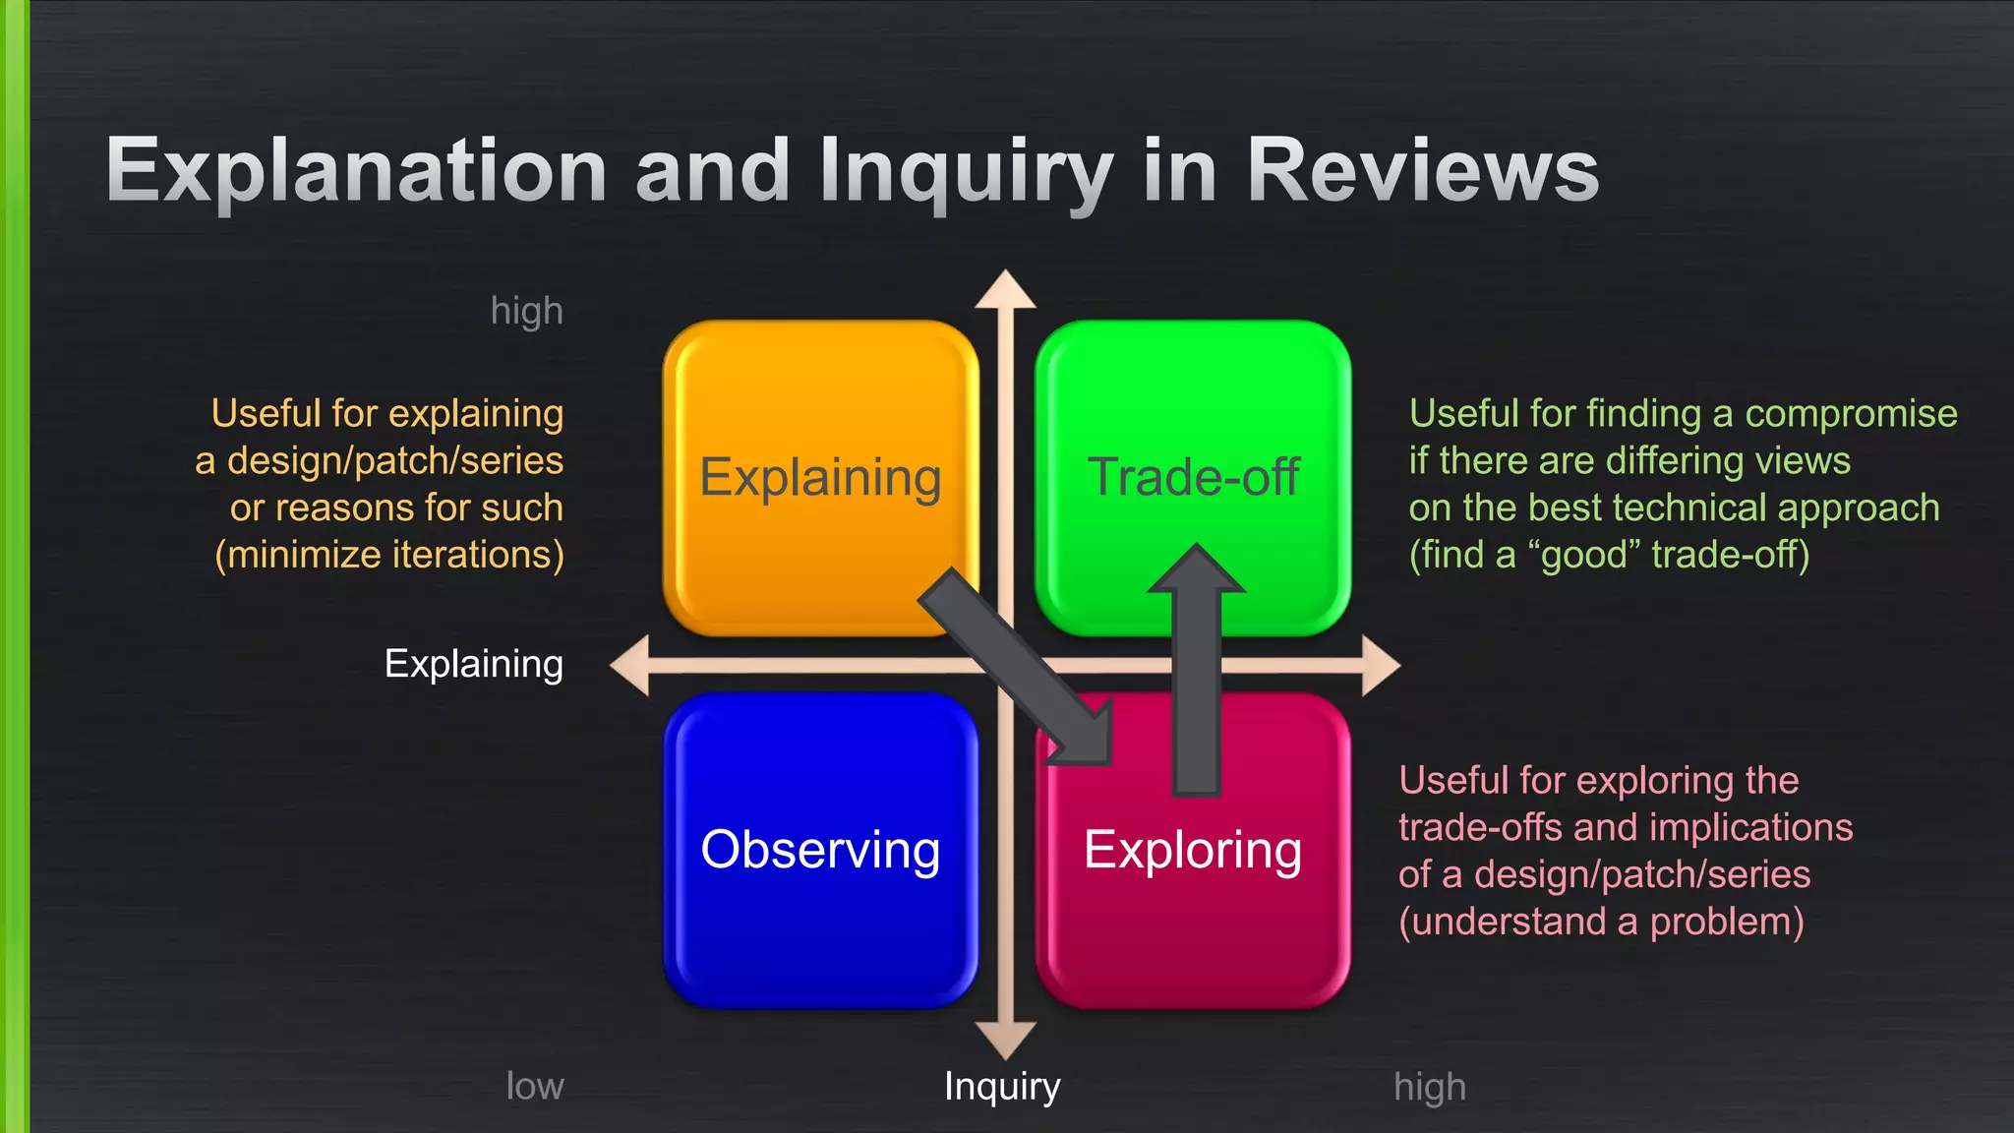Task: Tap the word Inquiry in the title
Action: pos(966,172)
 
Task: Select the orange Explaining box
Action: pos(820,413)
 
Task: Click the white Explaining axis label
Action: pos(473,664)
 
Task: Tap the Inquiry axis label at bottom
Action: pos(1001,1087)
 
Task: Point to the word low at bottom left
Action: pos(534,1087)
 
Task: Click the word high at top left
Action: pos(526,311)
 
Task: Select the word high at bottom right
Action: pos(1429,1088)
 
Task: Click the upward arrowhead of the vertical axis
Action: pos(1005,290)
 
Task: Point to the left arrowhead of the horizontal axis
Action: pos(630,666)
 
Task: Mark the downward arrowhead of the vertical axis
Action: pos(1005,1040)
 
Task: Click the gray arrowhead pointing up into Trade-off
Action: pos(1197,570)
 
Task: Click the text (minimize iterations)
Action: pos(389,555)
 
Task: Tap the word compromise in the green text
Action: pos(1851,414)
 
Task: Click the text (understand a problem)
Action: pos(1601,923)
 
